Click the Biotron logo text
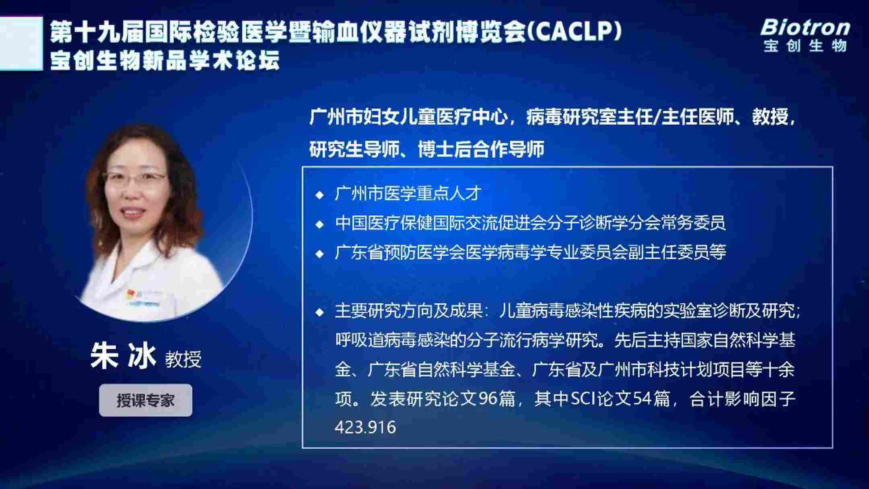(805, 28)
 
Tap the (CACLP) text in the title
(574, 31)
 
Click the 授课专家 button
(146, 400)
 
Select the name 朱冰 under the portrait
(123, 356)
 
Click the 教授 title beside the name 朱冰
(183, 359)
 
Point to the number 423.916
(365, 427)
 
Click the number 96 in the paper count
(488, 399)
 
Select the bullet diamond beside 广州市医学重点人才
(320, 195)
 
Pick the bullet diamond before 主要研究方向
(320, 312)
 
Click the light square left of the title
(21, 43)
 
